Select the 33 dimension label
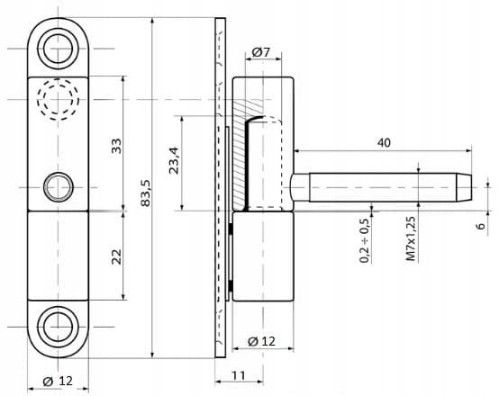(117, 146)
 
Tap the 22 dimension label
(117, 256)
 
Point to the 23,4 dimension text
(175, 160)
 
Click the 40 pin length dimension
(384, 143)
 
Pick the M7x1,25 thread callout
(411, 238)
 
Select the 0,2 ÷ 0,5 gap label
(365, 241)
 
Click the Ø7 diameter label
(260, 52)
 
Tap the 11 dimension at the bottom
(238, 375)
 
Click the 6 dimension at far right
(482, 226)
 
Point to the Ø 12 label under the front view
(58, 381)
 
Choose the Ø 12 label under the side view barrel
(261, 341)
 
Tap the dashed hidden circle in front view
(58, 78)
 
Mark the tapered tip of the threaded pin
(464, 187)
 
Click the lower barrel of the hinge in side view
(263, 256)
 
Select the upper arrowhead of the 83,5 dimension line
(153, 22)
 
